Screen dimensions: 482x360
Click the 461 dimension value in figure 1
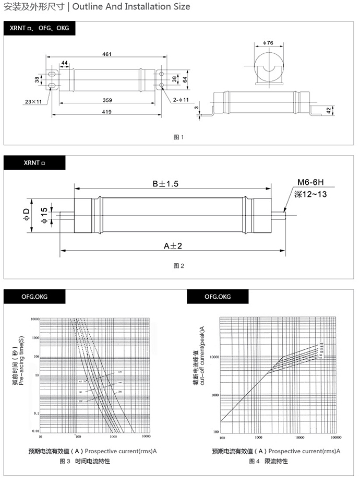tap(106, 54)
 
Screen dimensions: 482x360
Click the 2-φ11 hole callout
tap(180, 99)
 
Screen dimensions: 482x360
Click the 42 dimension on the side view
tap(329, 110)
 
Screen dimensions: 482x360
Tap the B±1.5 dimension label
tap(166, 184)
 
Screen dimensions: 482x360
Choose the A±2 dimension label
tap(173, 245)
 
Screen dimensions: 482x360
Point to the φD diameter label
tap(27, 215)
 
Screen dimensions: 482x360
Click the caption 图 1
tap(179, 137)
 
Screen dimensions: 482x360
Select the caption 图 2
tap(179, 266)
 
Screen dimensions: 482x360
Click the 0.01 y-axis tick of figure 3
tap(36, 431)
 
